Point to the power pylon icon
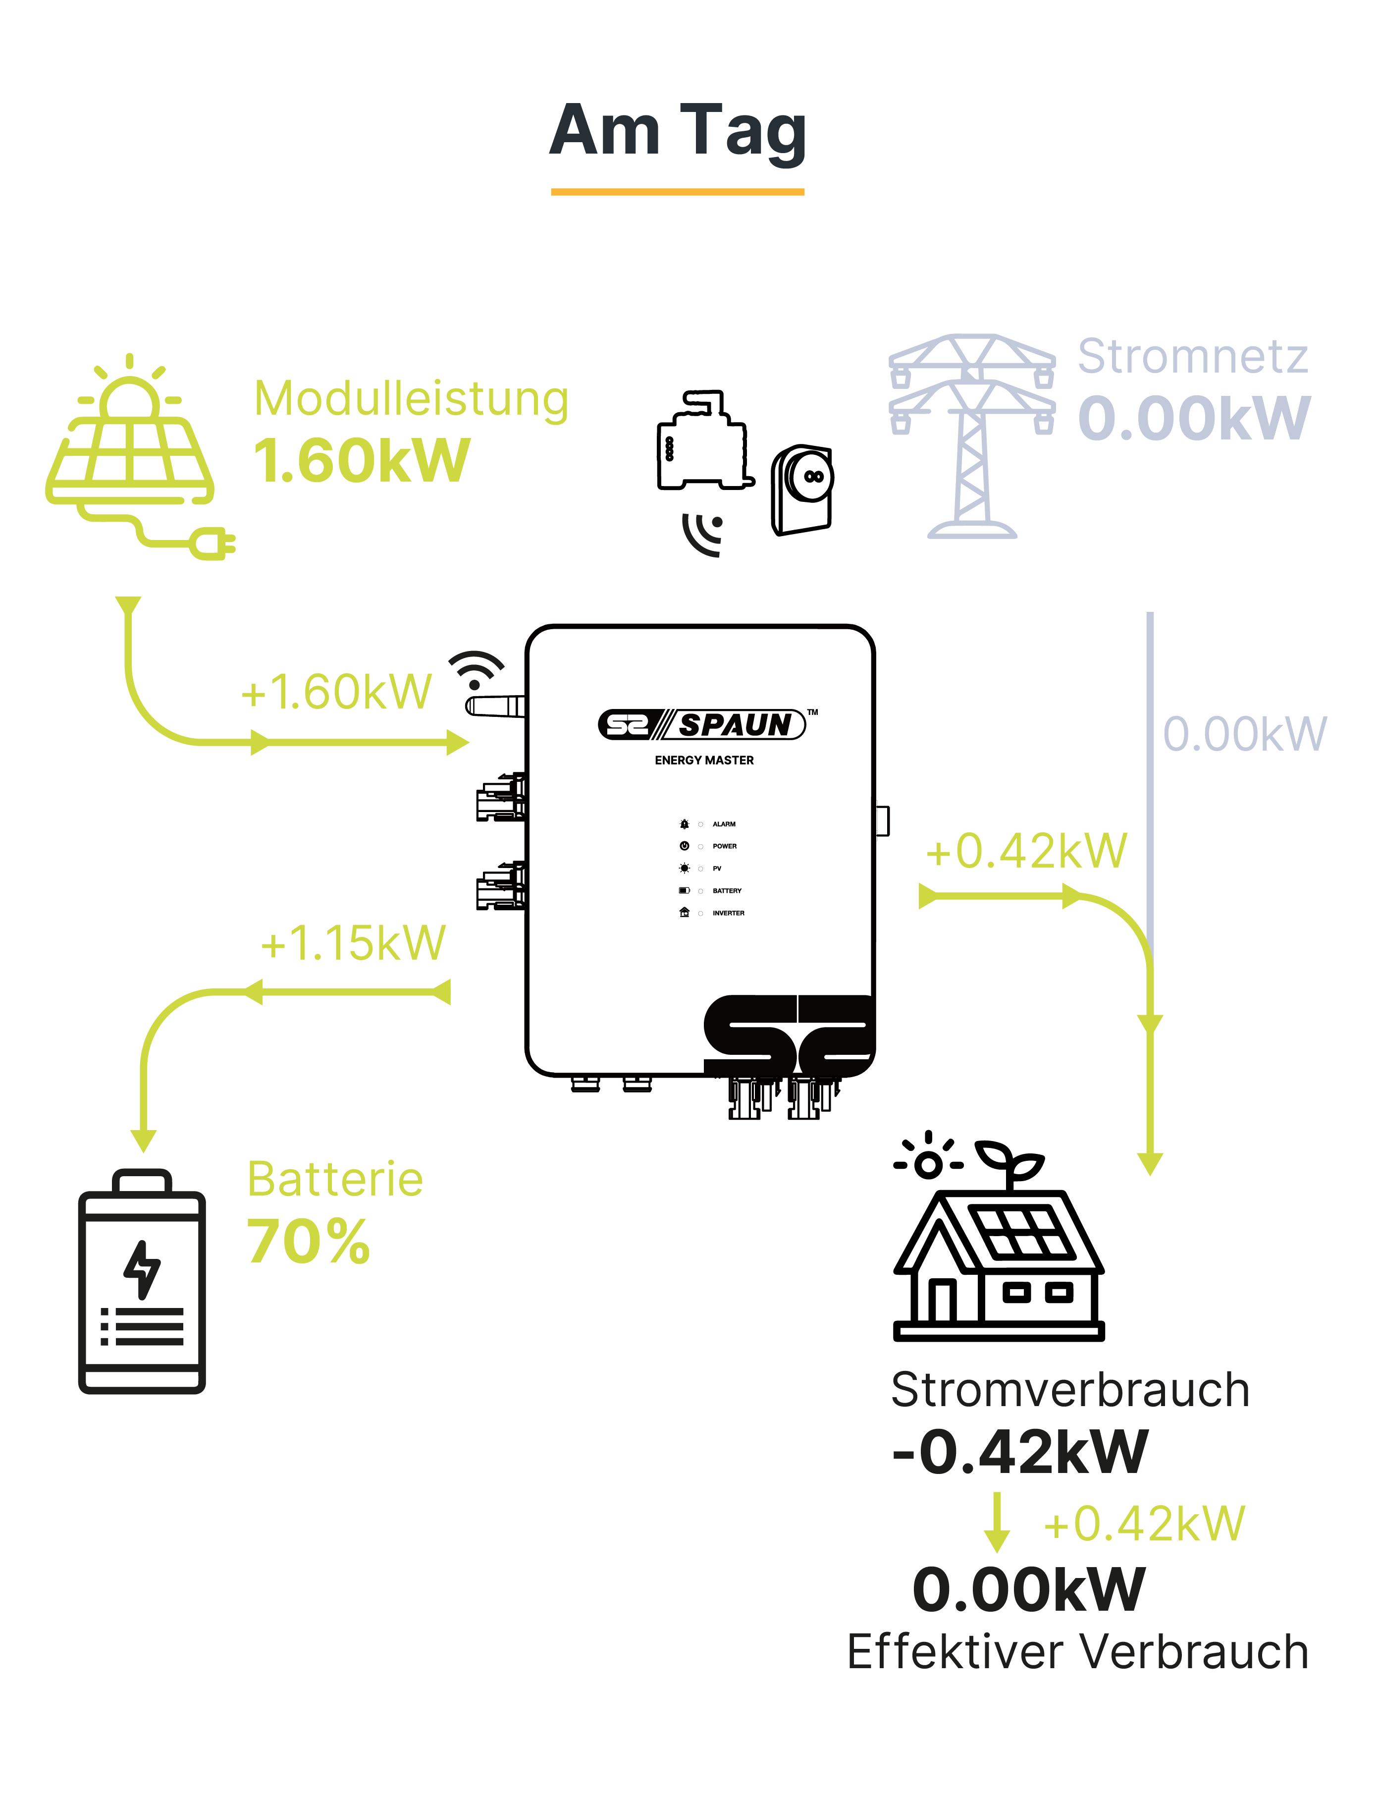point(972,436)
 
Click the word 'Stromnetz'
point(1193,357)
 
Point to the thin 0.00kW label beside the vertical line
point(1244,734)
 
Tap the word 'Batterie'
point(335,1180)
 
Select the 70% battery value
point(309,1241)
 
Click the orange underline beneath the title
point(678,191)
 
